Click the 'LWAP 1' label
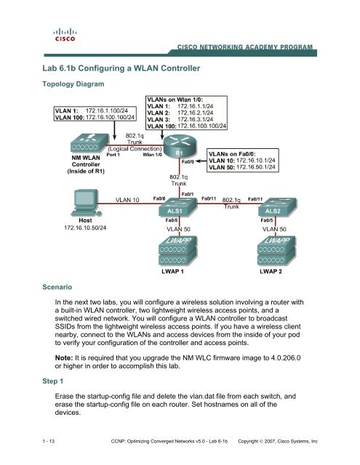click(x=175, y=272)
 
